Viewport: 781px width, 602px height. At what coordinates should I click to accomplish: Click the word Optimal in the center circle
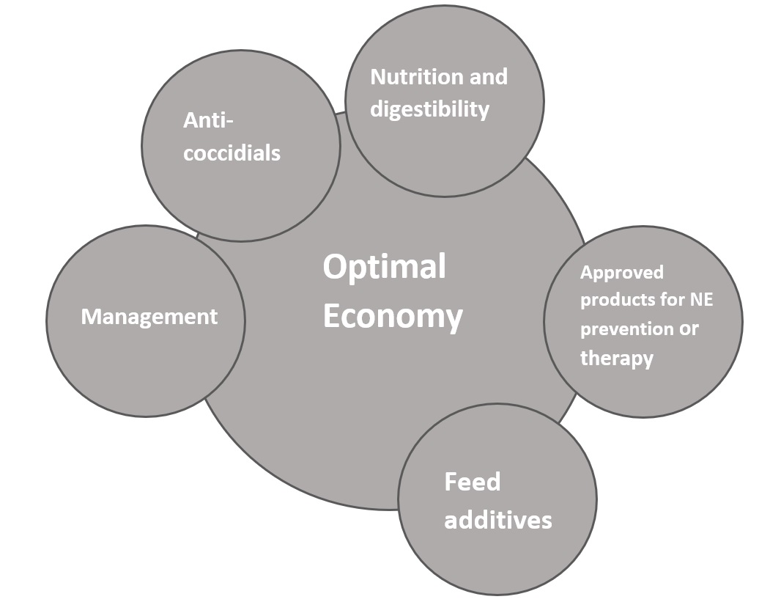pyautogui.click(x=384, y=267)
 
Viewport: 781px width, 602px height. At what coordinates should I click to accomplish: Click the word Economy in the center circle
pyautogui.click(x=393, y=317)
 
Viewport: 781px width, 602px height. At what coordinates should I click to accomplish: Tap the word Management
pyautogui.click(x=149, y=317)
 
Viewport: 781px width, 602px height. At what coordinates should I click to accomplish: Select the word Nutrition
pyautogui.click(x=407, y=77)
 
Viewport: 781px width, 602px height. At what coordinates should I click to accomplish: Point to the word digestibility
pyautogui.click(x=429, y=109)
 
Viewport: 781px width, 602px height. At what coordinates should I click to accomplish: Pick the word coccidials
pyautogui.click(x=232, y=153)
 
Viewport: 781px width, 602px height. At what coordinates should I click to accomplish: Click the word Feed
pyautogui.click(x=473, y=482)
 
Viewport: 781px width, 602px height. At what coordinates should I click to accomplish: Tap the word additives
pyautogui.click(x=497, y=520)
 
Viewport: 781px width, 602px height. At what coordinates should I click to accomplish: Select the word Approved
pyautogui.click(x=622, y=273)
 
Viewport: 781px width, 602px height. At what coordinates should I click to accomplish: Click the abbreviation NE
pyautogui.click(x=700, y=301)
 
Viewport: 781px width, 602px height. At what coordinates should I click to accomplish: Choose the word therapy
pyautogui.click(x=616, y=358)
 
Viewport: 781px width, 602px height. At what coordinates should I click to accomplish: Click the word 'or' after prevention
pyautogui.click(x=689, y=329)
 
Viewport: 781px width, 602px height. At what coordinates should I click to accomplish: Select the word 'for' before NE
pyautogui.click(x=670, y=301)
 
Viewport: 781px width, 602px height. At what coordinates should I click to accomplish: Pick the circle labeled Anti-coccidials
pyautogui.click(x=240, y=198)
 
